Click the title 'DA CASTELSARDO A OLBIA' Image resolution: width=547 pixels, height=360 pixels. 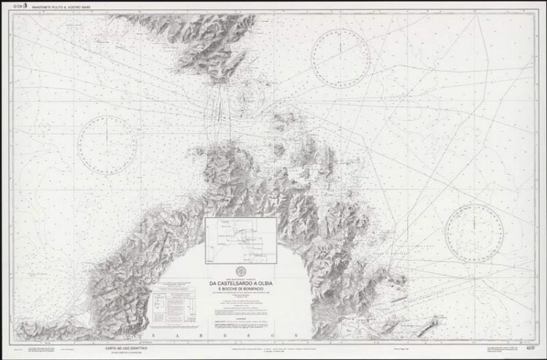pos(240,283)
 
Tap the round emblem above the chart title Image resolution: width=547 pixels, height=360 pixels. pos(240,272)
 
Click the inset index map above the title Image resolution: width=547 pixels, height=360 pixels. pos(241,240)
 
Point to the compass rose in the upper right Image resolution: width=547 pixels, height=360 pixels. pos(341,58)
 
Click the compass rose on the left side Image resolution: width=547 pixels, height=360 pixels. pos(107,145)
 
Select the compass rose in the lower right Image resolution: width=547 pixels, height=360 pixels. pos(474,233)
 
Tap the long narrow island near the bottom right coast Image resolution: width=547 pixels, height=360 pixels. pos(428,323)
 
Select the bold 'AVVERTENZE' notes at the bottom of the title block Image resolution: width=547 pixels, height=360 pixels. pos(240,324)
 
